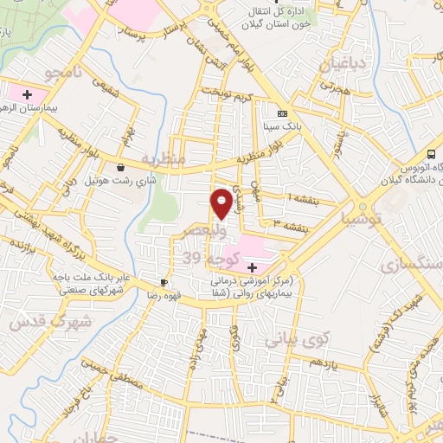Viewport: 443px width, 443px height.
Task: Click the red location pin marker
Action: pyautogui.click(x=221, y=202)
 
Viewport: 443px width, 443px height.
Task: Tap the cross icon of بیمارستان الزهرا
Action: pyautogui.click(x=26, y=93)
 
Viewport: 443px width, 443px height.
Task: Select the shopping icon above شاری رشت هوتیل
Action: pyautogui.click(x=119, y=167)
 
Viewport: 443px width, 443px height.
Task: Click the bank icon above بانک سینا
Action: pyautogui.click(x=281, y=113)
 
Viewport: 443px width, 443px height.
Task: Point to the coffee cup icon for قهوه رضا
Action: pyautogui.click(x=164, y=283)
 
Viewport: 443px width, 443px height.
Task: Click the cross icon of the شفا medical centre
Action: pyautogui.click(x=251, y=268)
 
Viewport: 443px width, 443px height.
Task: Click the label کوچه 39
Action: pyautogui.click(x=208, y=257)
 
